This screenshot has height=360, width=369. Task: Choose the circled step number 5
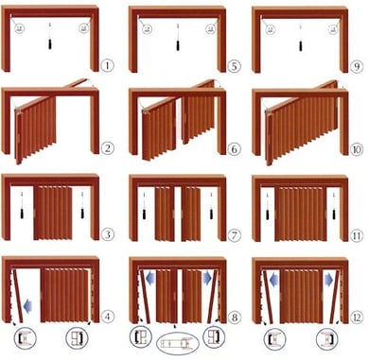tap(232, 66)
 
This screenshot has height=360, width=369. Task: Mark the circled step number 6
tap(232, 149)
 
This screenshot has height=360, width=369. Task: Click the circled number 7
tap(232, 234)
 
